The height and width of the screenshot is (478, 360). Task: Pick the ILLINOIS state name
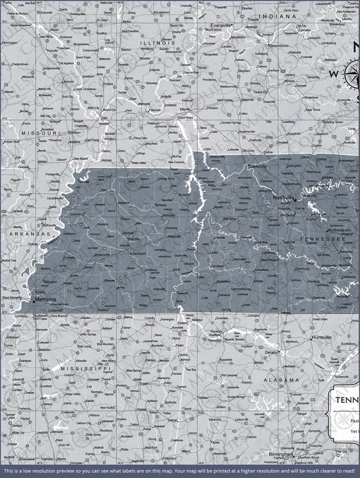pyautogui.click(x=158, y=42)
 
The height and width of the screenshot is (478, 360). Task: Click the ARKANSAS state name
pyautogui.click(x=29, y=234)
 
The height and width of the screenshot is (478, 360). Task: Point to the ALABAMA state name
pyautogui.click(x=280, y=379)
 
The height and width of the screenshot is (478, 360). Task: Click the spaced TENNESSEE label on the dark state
pyautogui.click(x=320, y=240)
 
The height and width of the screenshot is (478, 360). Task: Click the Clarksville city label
pyautogui.click(x=258, y=166)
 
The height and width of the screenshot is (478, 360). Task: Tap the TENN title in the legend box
pyautogui.click(x=346, y=403)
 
